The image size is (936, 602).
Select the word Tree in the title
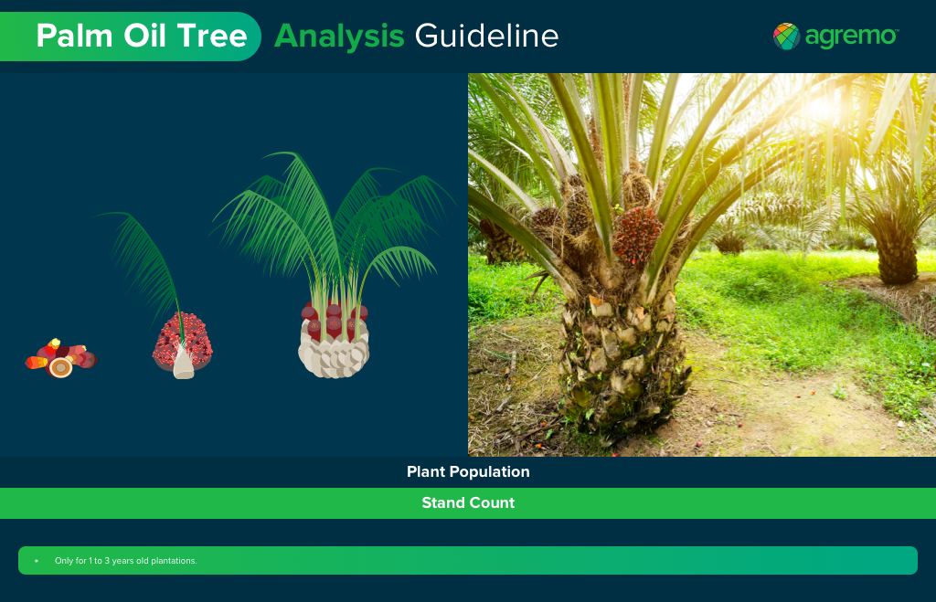point(215,37)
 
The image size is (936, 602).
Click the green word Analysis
point(339,37)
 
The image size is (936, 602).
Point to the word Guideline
point(486,37)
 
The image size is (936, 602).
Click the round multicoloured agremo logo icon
point(786,37)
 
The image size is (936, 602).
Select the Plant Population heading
point(468,472)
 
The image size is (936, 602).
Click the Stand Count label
point(468,503)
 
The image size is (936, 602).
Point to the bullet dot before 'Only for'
point(37,561)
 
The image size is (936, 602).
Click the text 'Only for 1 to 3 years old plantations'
point(126,561)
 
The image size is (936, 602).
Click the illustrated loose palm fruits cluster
point(60,359)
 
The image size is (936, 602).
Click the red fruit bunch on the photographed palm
point(636,234)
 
